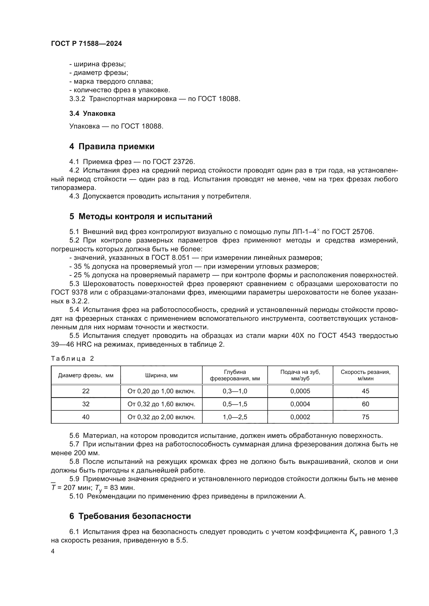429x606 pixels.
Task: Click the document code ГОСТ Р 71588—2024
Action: (x=86, y=44)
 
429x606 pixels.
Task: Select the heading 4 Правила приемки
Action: (x=112, y=146)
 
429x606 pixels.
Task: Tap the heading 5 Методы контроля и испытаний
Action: (x=141, y=216)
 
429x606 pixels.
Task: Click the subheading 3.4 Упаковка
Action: (x=92, y=113)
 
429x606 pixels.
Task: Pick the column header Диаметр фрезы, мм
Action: (x=86, y=375)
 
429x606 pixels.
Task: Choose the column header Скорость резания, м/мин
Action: (x=365, y=375)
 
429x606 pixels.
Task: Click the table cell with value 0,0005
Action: (x=300, y=391)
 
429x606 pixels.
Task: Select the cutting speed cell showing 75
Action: (x=365, y=417)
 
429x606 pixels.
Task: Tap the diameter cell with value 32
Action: (x=86, y=404)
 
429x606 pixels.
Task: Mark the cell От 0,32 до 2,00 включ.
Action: (x=161, y=417)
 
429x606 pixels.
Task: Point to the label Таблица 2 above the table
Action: (x=72, y=358)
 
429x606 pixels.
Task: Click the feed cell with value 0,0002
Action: (x=300, y=417)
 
